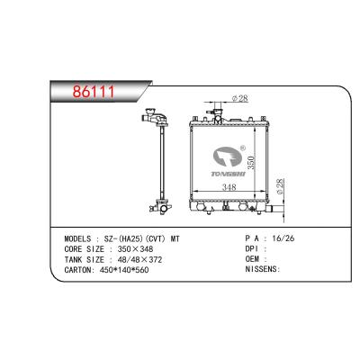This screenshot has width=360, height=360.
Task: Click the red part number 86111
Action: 94,92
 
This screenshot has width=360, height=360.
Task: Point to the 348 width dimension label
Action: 229,187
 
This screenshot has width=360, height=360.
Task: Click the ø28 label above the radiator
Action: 240,98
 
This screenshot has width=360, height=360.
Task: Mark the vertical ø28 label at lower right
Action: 279,186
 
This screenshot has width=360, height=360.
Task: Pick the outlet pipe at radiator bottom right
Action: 275,208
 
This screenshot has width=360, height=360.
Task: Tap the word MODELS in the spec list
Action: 77,238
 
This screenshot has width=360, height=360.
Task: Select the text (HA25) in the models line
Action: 128,238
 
